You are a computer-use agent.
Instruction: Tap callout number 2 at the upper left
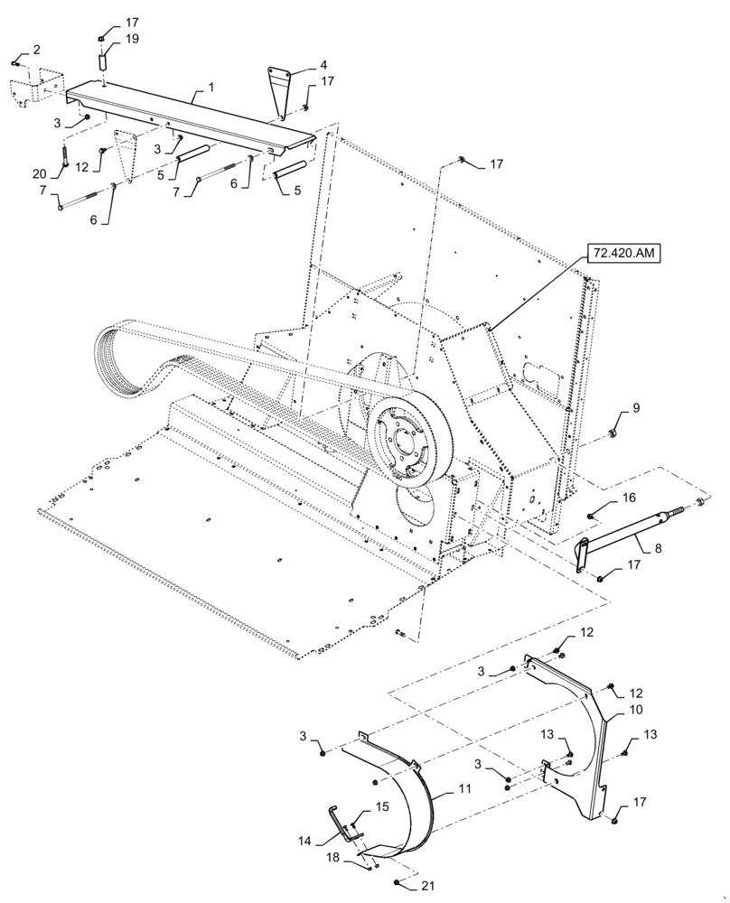[x=37, y=49]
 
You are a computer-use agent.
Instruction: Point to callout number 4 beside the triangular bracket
[x=298, y=65]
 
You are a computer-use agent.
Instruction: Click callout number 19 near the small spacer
[x=132, y=39]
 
